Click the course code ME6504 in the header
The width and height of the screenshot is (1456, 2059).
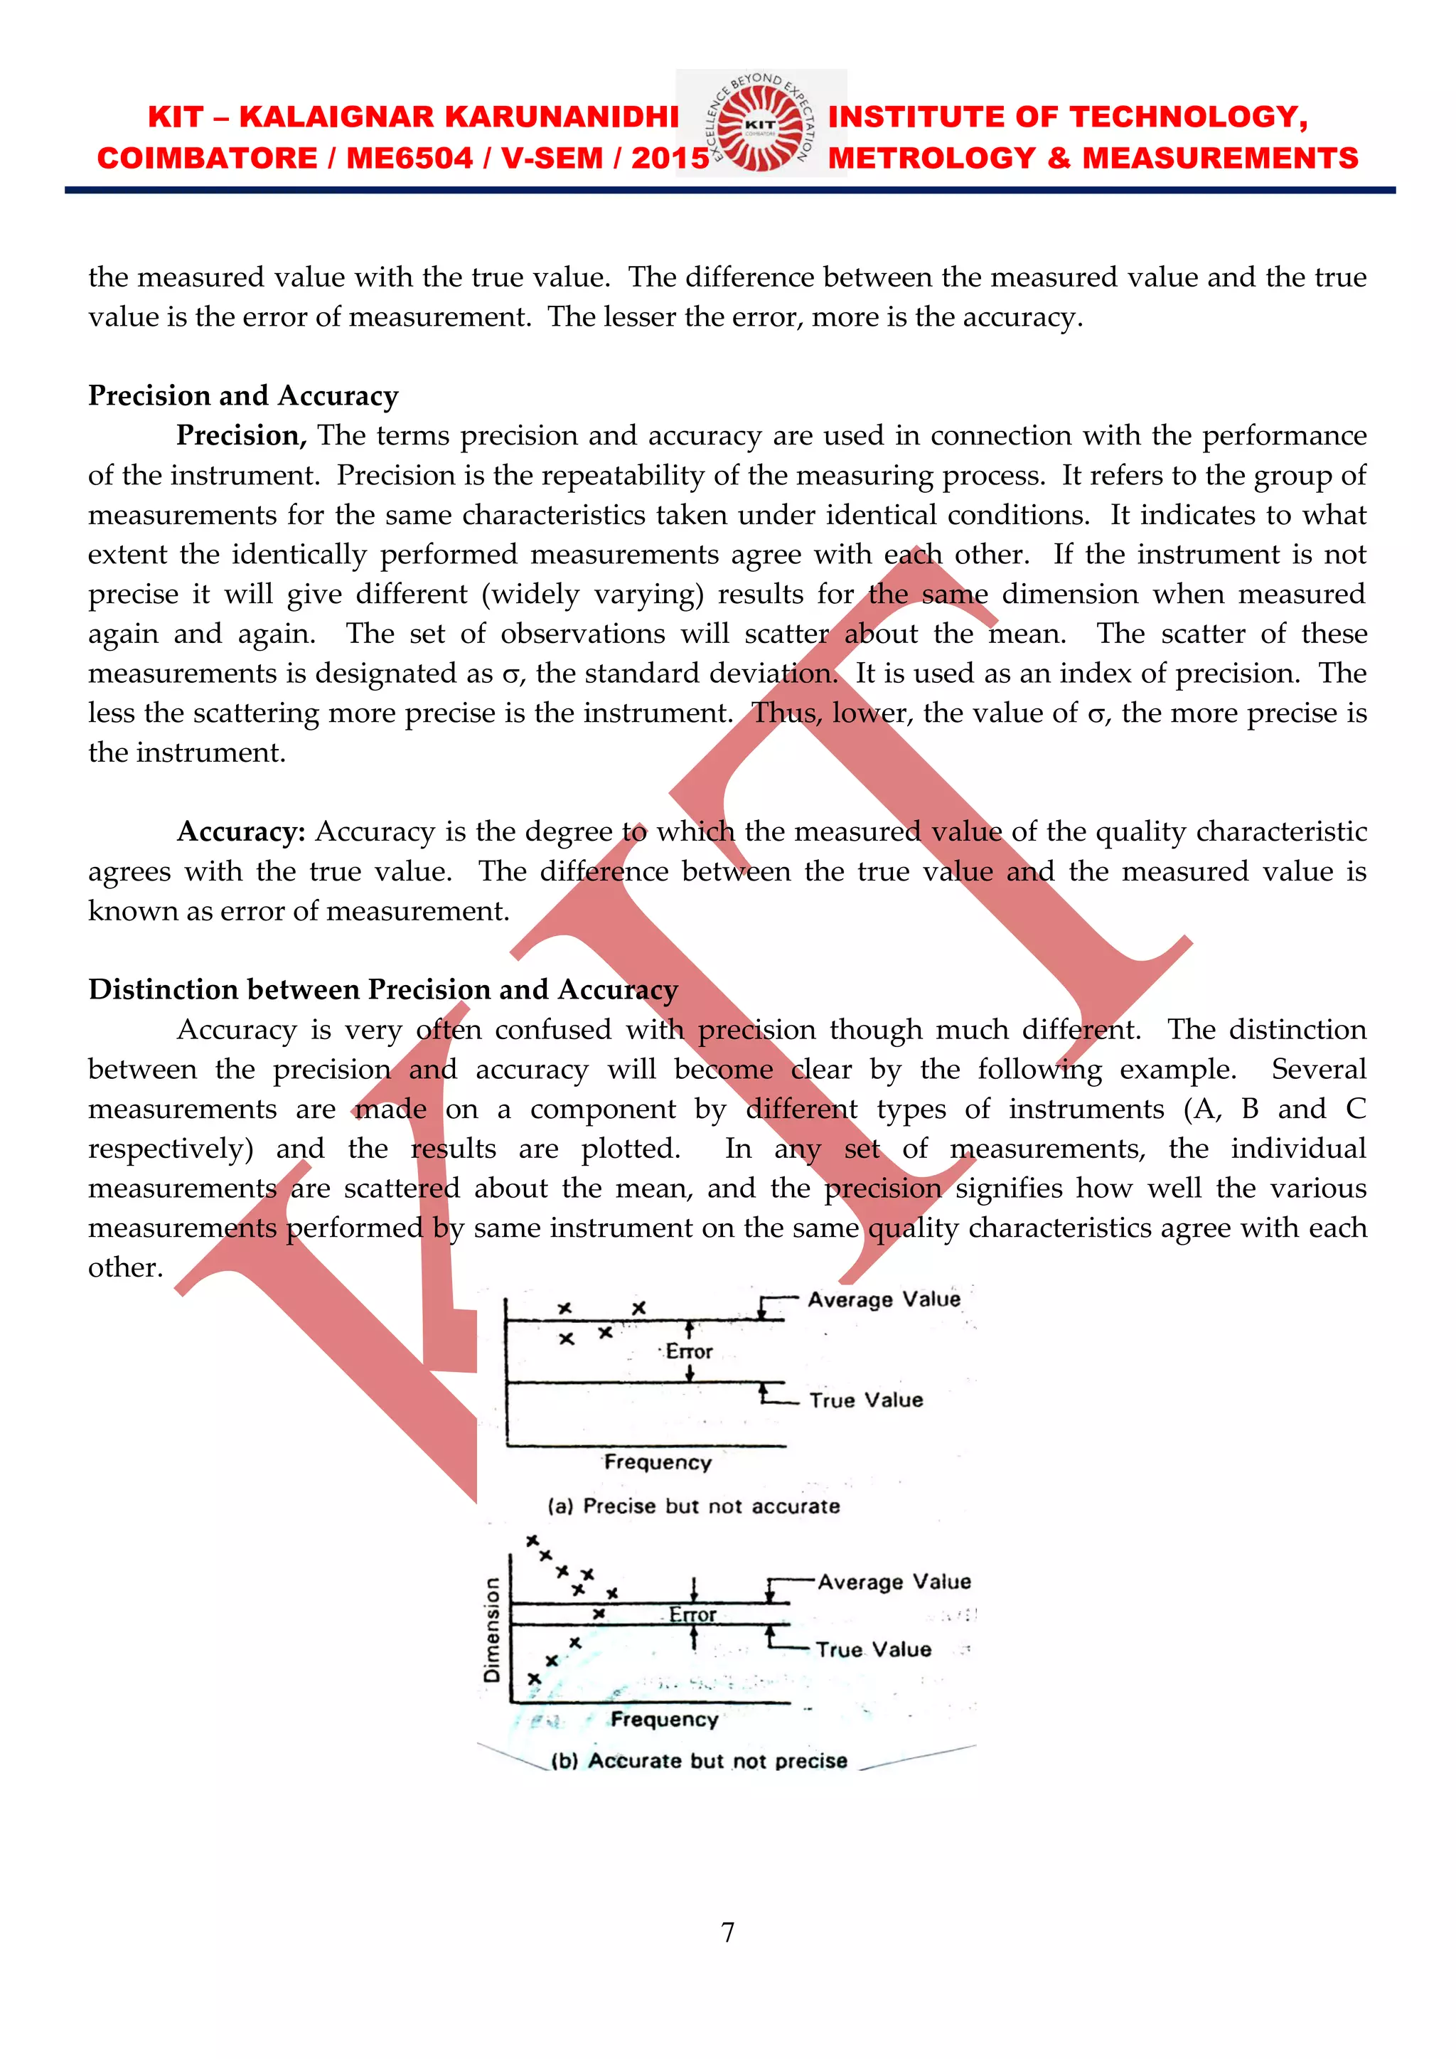(x=409, y=159)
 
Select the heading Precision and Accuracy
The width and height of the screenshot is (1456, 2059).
(x=243, y=395)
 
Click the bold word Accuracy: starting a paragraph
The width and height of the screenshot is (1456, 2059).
(x=241, y=831)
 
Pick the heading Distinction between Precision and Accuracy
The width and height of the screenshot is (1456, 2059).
(x=382, y=989)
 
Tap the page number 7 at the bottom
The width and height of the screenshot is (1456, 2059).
(x=728, y=1932)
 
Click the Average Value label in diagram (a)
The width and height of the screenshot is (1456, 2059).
(x=883, y=1299)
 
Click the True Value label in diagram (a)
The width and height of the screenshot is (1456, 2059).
(x=865, y=1400)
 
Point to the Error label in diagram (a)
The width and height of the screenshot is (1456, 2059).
(x=689, y=1351)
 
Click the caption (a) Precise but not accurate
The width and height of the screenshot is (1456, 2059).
(x=694, y=1506)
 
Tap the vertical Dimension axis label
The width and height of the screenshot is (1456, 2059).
(x=491, y=1629)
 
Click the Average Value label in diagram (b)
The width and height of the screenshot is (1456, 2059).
(x=893, y=1582)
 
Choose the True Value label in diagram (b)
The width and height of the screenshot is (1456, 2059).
(x=872, y=1650)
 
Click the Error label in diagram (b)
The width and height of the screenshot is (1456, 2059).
(x=692, y=1615)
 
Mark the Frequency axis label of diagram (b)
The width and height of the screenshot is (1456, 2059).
(x=664, y=1719)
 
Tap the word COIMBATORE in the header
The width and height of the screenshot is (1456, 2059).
(x=206, y=159)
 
